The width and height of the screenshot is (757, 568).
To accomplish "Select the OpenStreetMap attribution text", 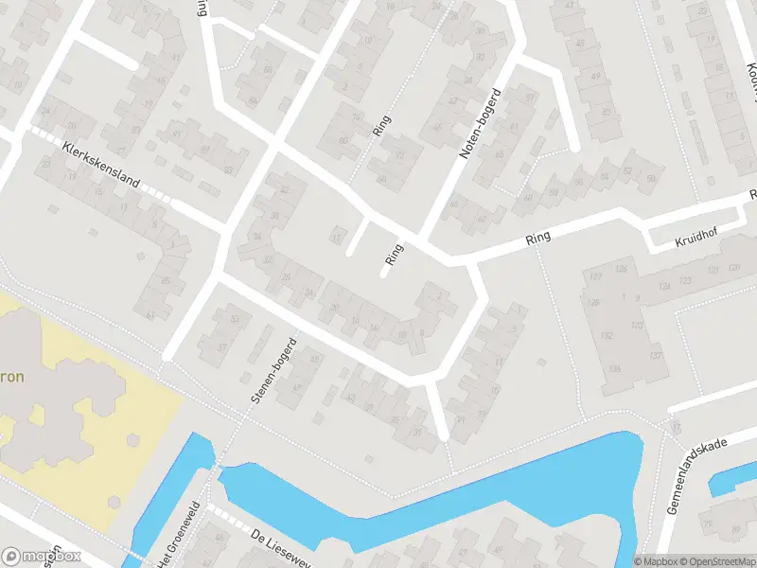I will click(x=708, y=560).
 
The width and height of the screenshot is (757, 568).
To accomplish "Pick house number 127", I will click(x=595, y=276).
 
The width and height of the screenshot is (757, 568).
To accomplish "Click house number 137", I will click(x=654, y=355).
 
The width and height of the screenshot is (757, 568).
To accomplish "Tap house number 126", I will click(x=621, y=269).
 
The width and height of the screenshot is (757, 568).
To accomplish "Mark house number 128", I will click(x=594, y=302).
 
